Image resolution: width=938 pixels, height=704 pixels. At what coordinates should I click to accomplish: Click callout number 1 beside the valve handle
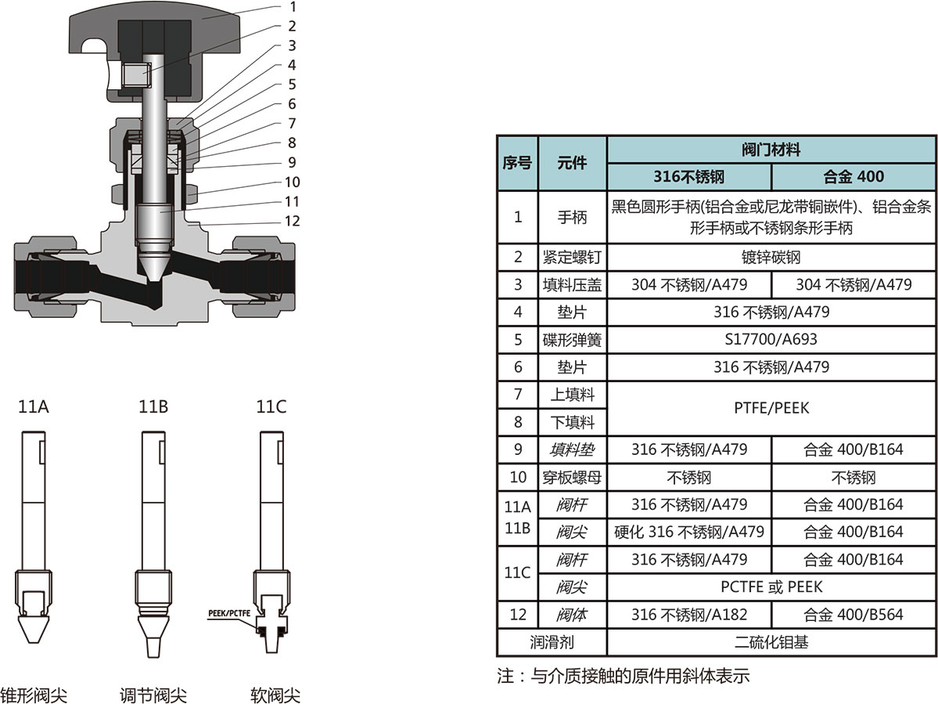292,7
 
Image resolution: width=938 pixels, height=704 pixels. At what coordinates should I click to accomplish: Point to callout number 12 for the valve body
292,222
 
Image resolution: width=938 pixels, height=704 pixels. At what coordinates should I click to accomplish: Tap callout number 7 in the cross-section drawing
292,124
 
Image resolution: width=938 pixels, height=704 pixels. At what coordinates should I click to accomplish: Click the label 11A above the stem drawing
34,407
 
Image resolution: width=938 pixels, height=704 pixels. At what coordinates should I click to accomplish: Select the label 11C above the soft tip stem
271,407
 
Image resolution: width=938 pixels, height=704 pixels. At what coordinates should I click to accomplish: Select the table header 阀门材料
771,149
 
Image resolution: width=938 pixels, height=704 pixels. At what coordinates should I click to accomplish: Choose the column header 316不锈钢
688,176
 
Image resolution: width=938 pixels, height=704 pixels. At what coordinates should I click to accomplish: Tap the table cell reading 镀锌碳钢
771,258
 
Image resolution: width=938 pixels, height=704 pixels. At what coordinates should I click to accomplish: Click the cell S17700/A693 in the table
771,340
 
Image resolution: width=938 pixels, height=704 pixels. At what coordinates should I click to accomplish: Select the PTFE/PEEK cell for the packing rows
771,408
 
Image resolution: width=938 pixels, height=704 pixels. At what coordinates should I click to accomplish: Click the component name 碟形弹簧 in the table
572,340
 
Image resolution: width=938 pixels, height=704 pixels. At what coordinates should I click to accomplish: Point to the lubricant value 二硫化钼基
771,643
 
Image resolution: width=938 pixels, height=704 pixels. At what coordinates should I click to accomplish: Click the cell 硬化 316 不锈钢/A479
688,533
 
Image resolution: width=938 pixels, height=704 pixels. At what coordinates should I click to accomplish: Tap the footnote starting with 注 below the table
623,676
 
